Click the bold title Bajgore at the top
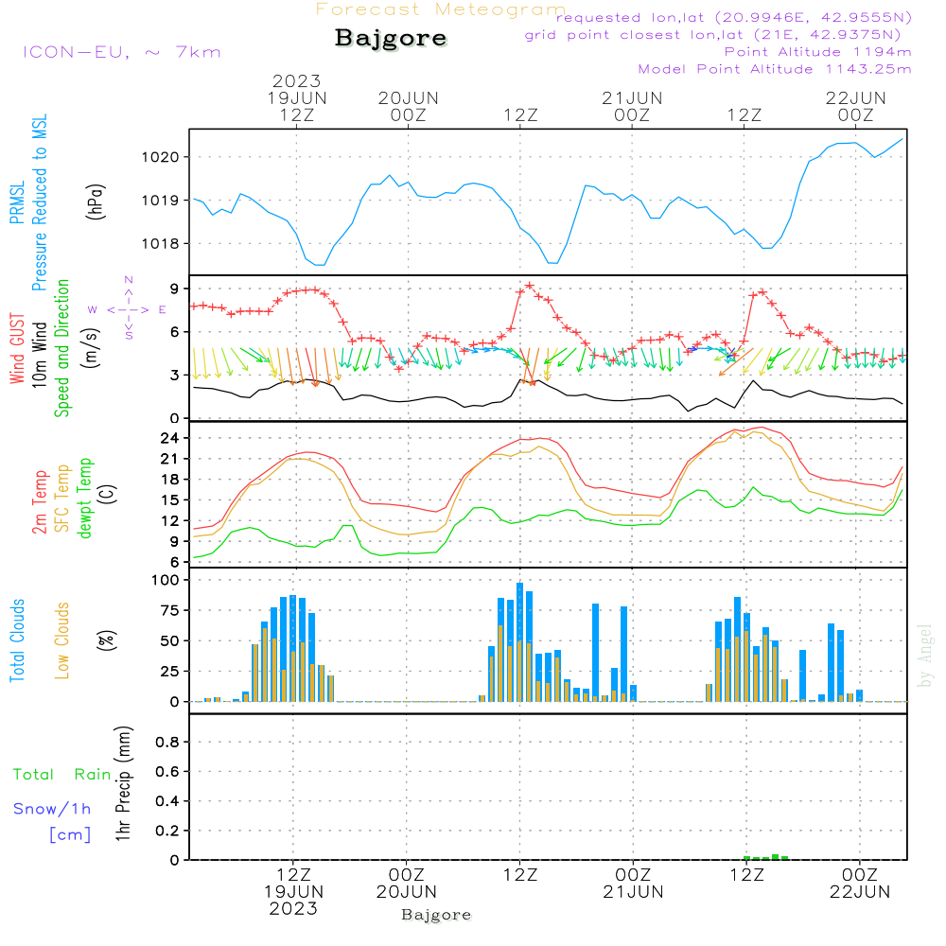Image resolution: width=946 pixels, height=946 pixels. pyautogui.click(x=391, y=39)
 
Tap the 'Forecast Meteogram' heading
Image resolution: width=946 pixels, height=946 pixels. pyautogui.click(x=441, y=9)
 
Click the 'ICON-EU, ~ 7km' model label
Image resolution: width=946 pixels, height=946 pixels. pyautogui.click(x=121, y=51)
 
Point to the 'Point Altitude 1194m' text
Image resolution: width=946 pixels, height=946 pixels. pyautogui.click(x=817, y=51)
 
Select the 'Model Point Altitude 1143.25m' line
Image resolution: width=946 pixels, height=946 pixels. pyautogui.click(x=775, y=68)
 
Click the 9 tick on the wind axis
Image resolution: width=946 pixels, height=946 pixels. pyautogui.click(x=175, y=289)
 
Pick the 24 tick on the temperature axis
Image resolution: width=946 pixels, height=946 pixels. pyautogui.click(x=171, y=438)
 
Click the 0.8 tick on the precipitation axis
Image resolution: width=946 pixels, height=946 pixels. pyautogui.click(x=167, y=743)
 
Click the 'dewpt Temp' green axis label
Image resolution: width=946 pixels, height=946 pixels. pyautogui.click(x=84, y=499)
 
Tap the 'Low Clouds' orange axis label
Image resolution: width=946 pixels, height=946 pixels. pyautogui.click(x=63, y=639)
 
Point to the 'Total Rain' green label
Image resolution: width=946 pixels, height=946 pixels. pyautogui.click(x=61, y=774)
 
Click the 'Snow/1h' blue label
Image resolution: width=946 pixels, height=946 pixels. pyautogui.click(x=52, y=809)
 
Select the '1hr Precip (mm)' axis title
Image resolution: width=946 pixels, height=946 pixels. pyautogui.click(x=122, y=785)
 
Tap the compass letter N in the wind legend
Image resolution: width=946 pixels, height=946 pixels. pyautogui.click(x=129, y=280)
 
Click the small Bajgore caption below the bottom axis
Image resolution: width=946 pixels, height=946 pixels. pyautogui.click(x=436, y=915)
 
